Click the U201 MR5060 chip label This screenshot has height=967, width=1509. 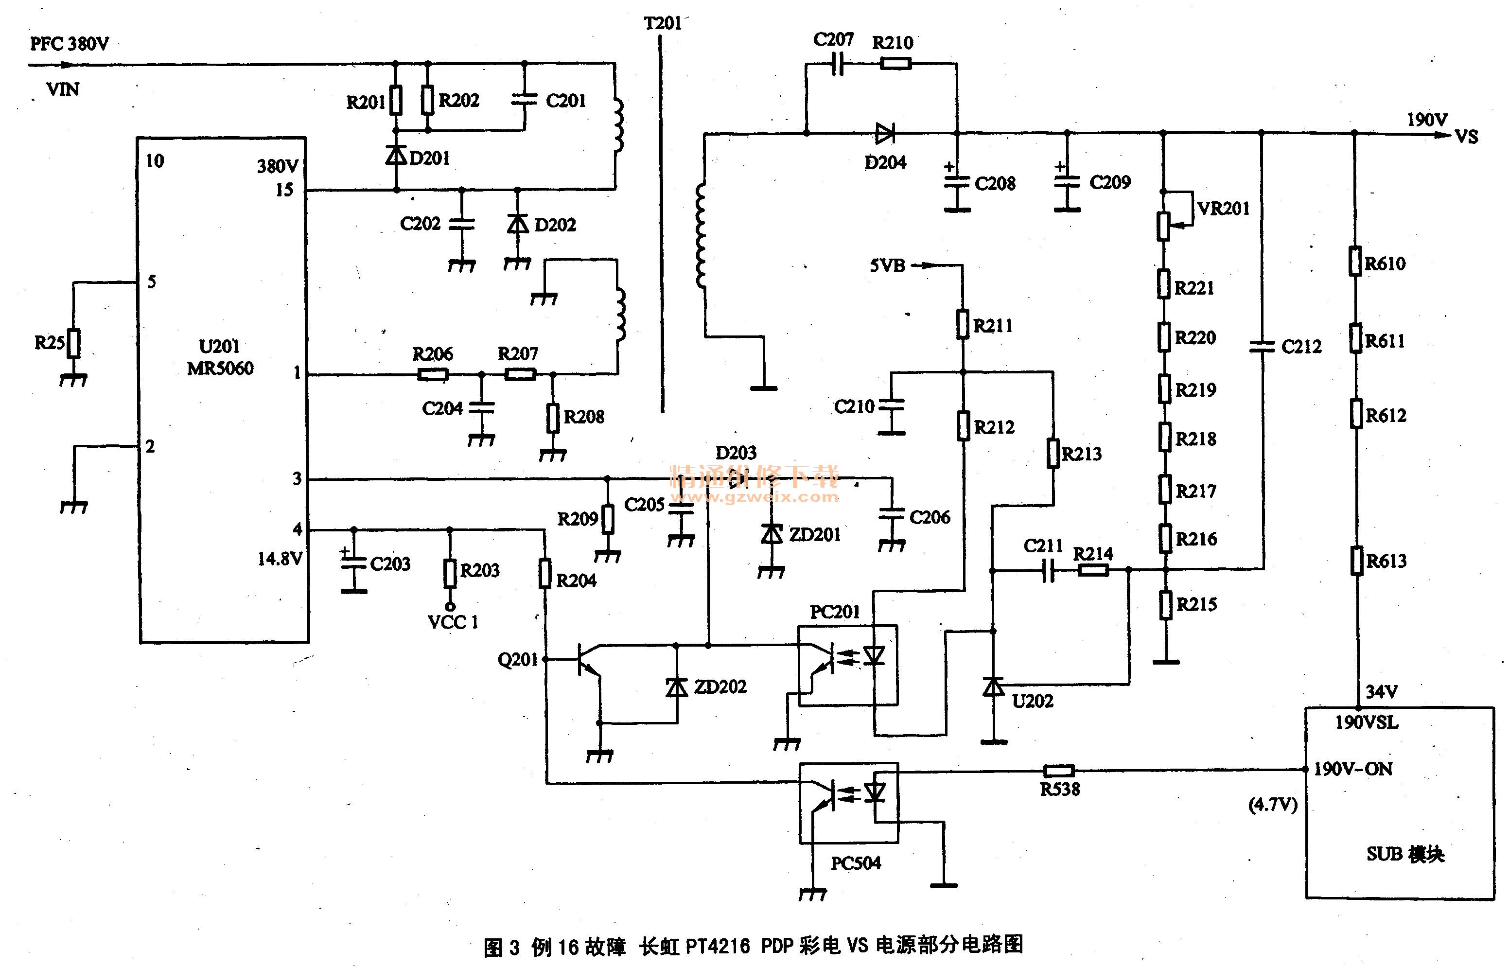[x=220, y=357]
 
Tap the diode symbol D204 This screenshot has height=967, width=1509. [x=885, y=133]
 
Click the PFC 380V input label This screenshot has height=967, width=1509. [x=69, y=44]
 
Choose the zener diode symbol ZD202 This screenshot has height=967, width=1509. [x=677, y=687]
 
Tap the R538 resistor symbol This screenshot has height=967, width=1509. [x=1058, y=771]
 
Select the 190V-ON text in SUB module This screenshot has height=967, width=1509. [x=1352, y=769]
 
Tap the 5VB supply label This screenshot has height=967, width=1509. [x=887, y=265]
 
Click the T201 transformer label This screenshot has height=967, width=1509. [x=663, y=23]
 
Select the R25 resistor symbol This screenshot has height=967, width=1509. [x=73, y=343]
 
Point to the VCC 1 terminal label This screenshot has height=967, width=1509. [x=453, y=622]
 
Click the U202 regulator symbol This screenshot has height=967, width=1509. [x=993, y=687]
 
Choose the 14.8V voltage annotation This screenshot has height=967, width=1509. [x=280, y=559]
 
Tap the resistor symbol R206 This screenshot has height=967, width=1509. [x=433, y=375]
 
